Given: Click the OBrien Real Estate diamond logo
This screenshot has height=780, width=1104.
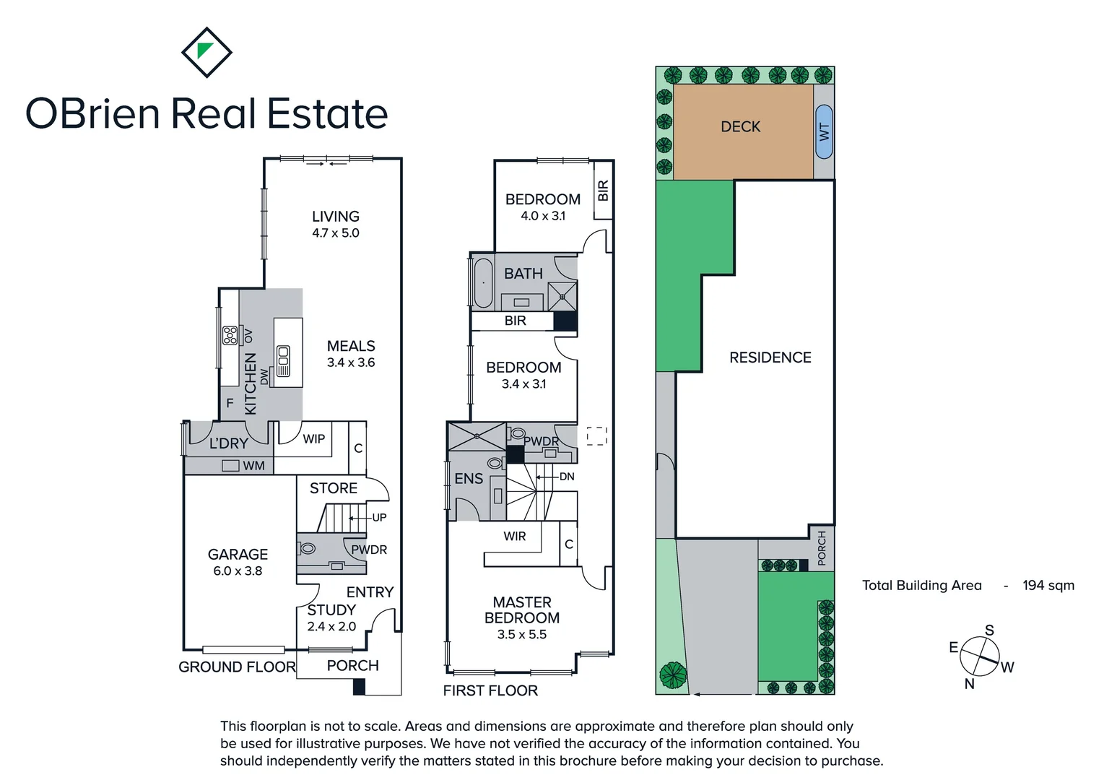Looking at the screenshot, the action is (x=207, y=52).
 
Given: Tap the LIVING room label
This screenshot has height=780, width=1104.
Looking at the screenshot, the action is (x=335, y=216).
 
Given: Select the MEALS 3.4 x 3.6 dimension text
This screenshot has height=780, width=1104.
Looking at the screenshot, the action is (x=351, y=363).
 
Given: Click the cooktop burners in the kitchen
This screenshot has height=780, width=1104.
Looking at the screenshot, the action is (x=230, y=335).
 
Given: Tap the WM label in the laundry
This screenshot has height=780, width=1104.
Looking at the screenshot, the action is (x=253, y=466).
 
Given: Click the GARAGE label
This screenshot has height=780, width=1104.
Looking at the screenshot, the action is (x=238, y=554).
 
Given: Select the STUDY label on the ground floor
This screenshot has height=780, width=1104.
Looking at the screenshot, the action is (x=331, y=610).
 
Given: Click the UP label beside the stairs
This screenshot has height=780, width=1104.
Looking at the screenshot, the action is (x=379, y=517).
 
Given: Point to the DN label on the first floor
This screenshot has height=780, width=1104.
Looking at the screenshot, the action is (x=567, y=477).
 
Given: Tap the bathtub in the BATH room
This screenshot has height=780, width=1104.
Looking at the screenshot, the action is (x=482, y=282).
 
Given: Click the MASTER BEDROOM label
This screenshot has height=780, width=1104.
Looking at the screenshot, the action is (x=522, y=610).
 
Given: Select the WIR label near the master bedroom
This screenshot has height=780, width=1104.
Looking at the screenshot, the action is (x=515, y=536).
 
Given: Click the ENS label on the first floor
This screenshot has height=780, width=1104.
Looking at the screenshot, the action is (x=469, y=478).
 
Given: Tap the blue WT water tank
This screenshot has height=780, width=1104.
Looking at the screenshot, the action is (x=824, y=131).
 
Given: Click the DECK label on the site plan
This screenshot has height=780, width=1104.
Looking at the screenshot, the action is (x=740, y=126).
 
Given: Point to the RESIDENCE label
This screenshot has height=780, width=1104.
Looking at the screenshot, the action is (x=770, y=357).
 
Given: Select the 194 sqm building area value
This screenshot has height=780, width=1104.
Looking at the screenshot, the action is (x=1048, y=586).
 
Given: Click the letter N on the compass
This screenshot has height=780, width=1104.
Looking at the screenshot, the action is (x=969, y=683).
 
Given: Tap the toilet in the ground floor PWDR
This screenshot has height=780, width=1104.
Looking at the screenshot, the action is (x=308, y=548).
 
